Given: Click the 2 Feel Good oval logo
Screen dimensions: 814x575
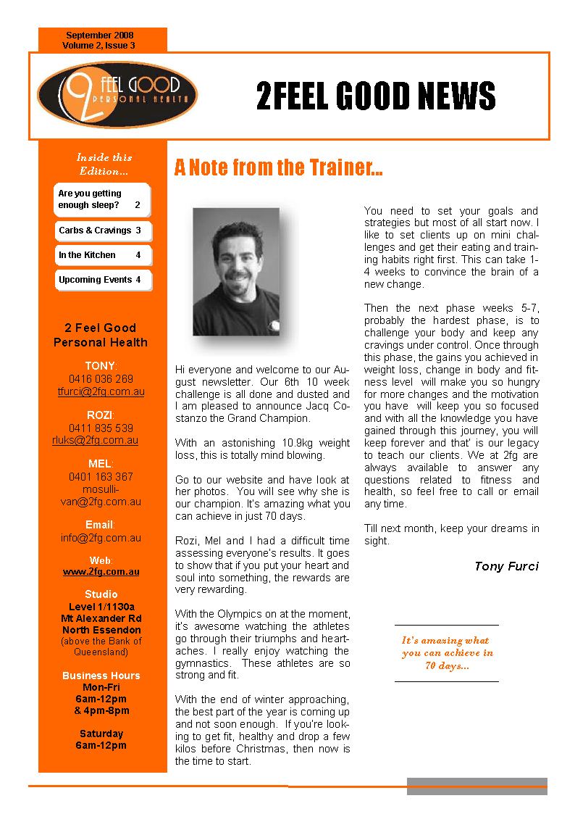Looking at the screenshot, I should click(117, 94).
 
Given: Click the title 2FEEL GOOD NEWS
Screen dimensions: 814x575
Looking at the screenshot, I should click(376, 96).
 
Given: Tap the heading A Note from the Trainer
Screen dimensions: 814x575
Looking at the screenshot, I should click(278, 168).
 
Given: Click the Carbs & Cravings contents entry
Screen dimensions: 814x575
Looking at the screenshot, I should click(102, 231).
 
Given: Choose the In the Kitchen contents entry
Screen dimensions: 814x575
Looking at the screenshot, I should click(102, 255).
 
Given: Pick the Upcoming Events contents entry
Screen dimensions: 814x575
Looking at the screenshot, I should click(102, 280).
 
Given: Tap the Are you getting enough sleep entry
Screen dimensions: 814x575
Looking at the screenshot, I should click(102, 199).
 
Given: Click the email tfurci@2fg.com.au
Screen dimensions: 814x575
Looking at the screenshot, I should click(101, 391).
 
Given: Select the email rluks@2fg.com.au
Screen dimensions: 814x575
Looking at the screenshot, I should click(101, 440).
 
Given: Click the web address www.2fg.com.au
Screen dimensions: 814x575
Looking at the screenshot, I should click(101, 571).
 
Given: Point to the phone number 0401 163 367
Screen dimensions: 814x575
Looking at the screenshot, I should click(101, 477).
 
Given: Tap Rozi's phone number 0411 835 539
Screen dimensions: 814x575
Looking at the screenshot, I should click(101, 428).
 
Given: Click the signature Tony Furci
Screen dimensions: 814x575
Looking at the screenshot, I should click(506, 566).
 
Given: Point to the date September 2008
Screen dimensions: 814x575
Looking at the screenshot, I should click(100, 36).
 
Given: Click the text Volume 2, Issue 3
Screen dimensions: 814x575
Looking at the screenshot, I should click(99, 46).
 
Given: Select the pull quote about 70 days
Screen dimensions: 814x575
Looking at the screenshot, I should click(447, 653).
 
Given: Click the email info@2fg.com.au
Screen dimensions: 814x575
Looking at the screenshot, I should click(101, 538).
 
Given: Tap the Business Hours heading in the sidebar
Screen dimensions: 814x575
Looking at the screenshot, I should click(101, 676).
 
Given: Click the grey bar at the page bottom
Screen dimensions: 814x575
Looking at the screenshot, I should click(477, 786).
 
